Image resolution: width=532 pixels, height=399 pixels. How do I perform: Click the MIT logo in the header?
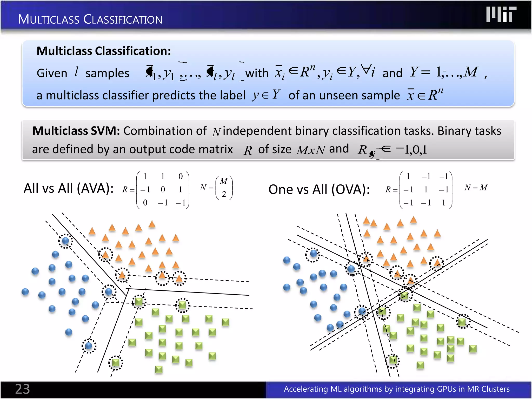coord(501,15)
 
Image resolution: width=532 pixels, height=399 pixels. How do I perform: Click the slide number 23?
coord(22,389)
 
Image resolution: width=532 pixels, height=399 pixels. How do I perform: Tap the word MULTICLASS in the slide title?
coord(49,19)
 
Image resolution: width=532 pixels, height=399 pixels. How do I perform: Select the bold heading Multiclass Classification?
coord(104,51)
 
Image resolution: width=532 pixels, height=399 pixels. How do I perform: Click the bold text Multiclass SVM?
coord(76,131)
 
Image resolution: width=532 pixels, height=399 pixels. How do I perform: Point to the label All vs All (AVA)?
coord(69,188)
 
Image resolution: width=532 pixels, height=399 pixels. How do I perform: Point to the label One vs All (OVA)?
coord(319,189)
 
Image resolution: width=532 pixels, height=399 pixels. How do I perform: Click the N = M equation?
coord(476,187)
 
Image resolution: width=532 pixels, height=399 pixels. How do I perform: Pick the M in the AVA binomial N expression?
coord(224,181)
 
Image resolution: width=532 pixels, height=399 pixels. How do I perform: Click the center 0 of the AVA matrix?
coord(163,190)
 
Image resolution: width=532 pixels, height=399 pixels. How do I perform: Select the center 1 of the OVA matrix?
coord(426,190)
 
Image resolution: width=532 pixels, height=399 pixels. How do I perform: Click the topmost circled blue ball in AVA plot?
coord(65,241)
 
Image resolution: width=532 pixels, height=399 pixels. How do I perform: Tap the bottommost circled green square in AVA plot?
coord(116,363)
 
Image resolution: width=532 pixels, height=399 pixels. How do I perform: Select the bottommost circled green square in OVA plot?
coord(393,361)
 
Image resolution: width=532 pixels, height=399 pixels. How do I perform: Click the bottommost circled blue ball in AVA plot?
coord(89,346)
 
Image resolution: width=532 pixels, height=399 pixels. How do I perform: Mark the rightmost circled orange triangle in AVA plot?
coord(179,278)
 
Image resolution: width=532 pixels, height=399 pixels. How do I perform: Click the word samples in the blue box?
coord(107,73)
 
